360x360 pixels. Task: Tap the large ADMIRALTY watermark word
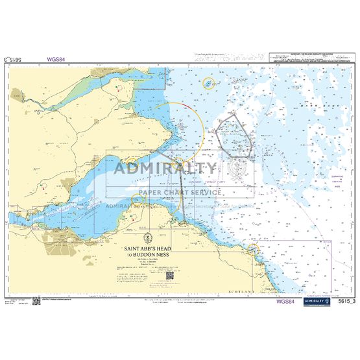(x=165, y=169)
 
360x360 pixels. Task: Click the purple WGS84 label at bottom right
(x=287, y=301)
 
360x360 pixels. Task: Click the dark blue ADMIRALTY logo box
(x=315, y=300)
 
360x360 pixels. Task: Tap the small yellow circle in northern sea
(x=208, y=83)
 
